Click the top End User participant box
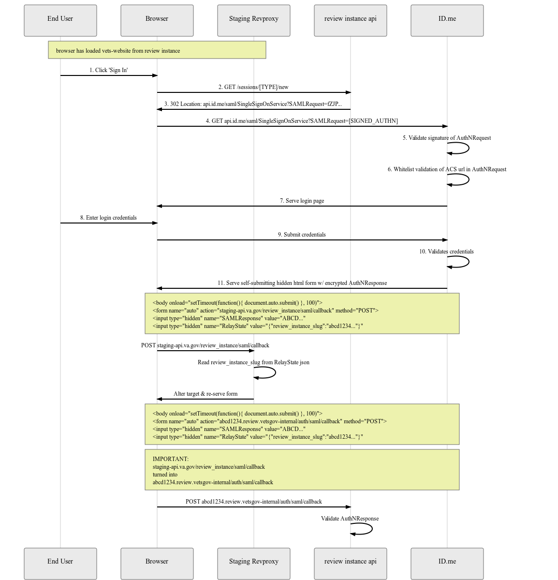tap(60, 20)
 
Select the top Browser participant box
tap(157, 20)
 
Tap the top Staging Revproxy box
tap(254, 20)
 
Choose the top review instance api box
tap(351, 20)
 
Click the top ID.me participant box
tap(447, 20)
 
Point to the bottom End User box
tap(60, 563)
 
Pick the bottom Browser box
tap(157, 563)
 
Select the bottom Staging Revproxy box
tap(254, 563)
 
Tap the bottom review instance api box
tap(351, 563)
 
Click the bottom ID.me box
tap(447, 563)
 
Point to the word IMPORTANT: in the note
tap(171, 459)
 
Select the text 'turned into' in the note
tap(165, 475)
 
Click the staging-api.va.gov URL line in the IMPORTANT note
tap(208, 467)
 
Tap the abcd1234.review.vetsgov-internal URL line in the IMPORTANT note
tap(213, 482)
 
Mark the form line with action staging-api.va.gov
tap(265, 311)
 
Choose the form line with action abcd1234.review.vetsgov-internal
tap(269, 421)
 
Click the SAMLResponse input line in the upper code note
tap(229, 318)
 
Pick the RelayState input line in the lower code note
tap(258, 437)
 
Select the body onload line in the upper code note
tap(237, 303)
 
